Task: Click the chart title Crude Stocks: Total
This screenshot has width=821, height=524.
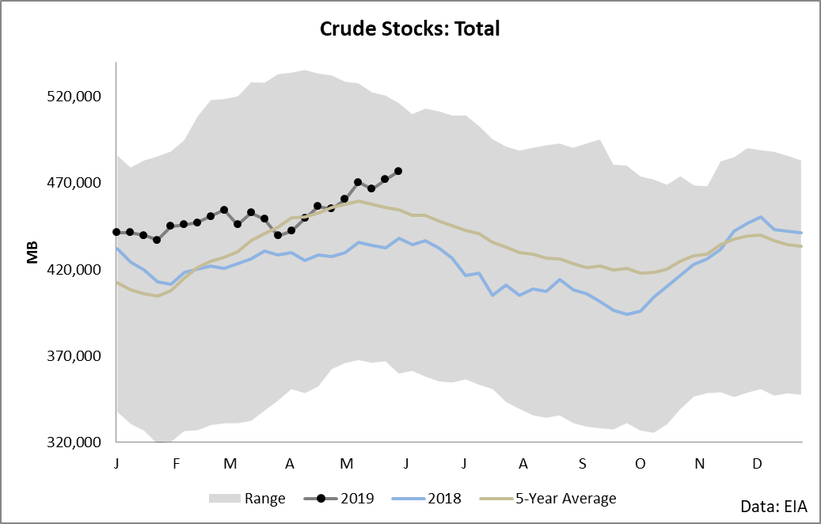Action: (x=409, y=29)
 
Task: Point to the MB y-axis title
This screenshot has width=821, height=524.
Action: (x=32, y=253)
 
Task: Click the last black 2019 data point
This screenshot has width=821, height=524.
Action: (x=398, y=171)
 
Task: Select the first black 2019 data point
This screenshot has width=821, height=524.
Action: (x=116, y=232)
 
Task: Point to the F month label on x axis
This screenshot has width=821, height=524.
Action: (x=176, y=461)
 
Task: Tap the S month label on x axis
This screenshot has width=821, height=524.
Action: (x=582, y=461)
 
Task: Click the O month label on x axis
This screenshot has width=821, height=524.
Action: (x=640, y=461)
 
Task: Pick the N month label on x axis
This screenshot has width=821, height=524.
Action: (x=699, y=461)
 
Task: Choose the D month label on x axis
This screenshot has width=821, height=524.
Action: (x=757, y=461)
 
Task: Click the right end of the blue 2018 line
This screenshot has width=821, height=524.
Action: (x=802, y=233)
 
